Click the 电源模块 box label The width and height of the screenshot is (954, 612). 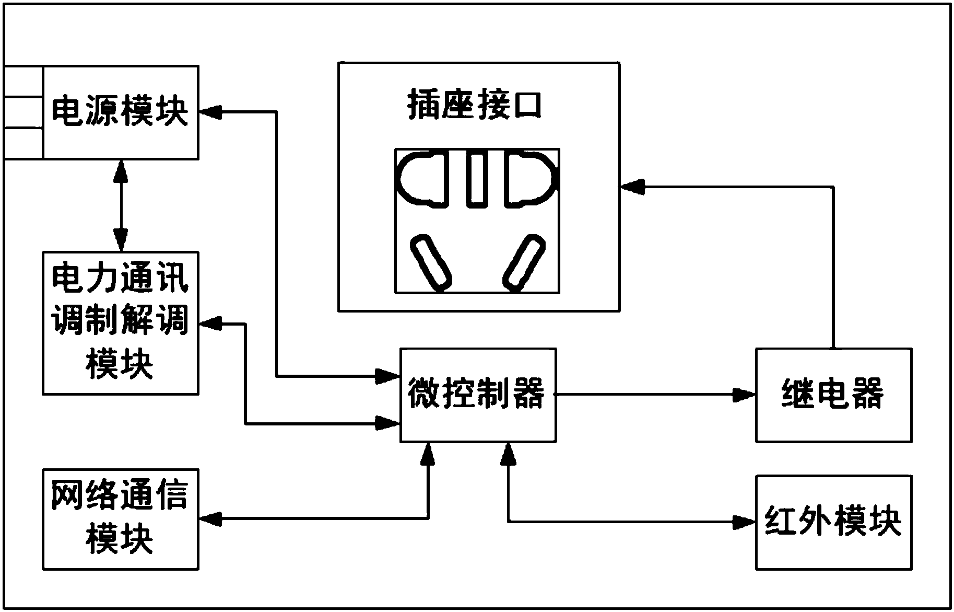120,111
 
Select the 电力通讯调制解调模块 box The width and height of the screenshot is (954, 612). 120,322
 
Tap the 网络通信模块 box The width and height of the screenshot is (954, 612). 120,519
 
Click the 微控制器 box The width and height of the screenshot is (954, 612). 477,395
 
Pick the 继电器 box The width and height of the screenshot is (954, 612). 833,395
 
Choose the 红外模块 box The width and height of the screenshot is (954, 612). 833,522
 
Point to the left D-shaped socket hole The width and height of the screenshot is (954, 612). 423,178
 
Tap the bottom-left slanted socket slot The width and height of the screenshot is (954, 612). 431,262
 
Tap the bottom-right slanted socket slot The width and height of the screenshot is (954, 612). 524,262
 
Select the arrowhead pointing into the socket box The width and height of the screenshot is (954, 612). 631,187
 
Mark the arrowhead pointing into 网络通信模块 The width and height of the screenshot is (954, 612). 210,519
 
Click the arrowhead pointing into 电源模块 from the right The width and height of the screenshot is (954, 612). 210,111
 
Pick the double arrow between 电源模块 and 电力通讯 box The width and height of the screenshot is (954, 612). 121,205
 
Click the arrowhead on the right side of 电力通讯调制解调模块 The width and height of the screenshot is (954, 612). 210,324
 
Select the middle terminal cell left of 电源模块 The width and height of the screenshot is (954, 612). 23,112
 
